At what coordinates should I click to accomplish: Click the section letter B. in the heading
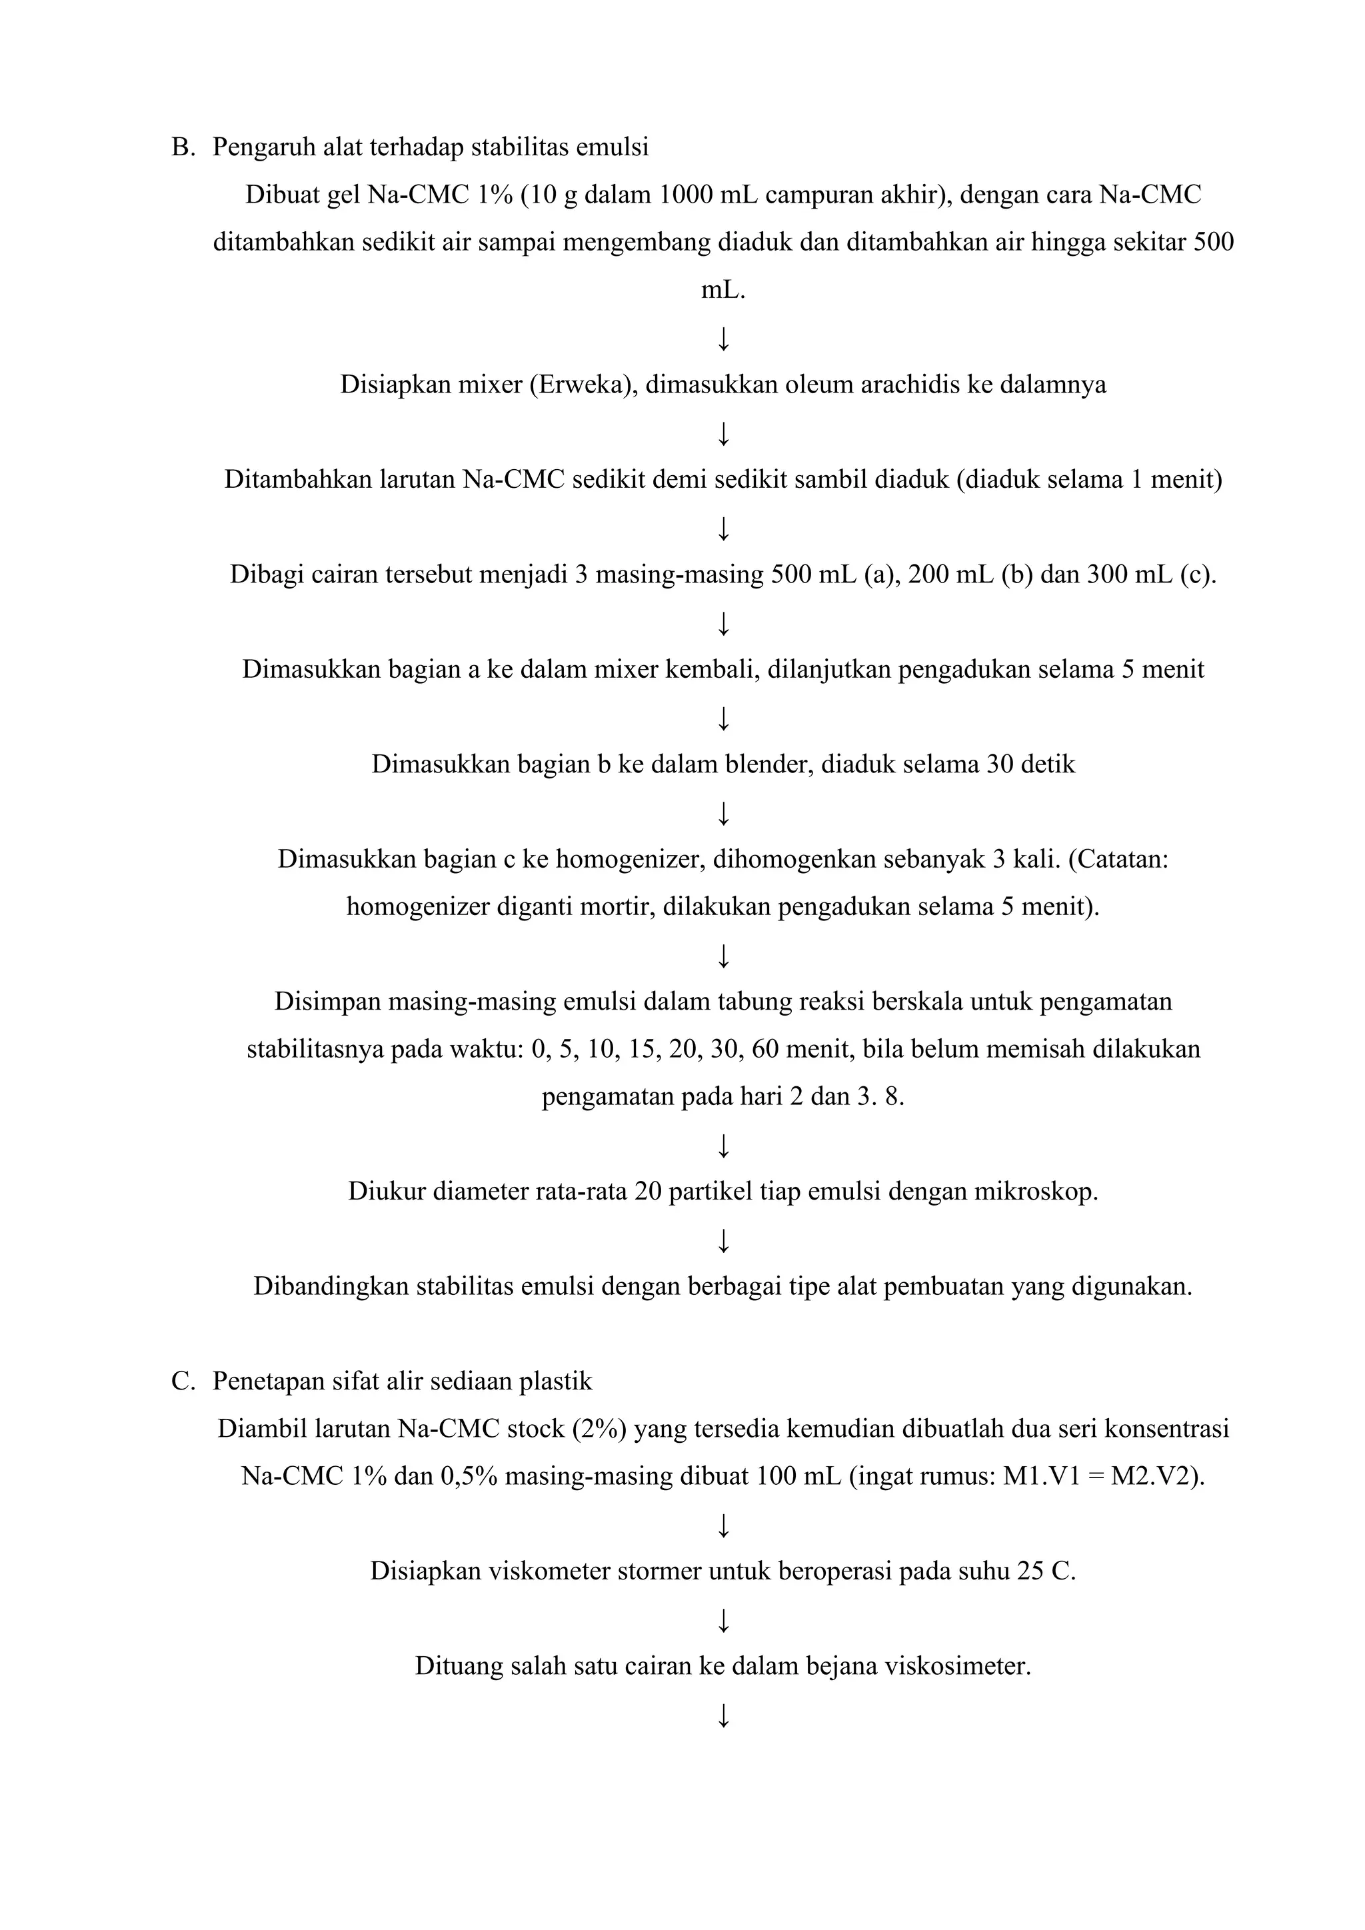pos(183,147)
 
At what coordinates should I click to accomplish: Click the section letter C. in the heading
pos(183,1381)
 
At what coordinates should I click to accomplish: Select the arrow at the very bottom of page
pos(723,1715)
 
